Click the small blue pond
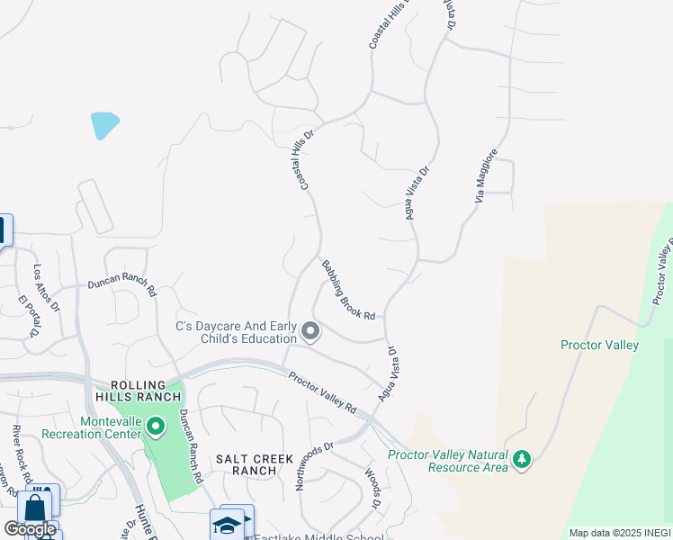click(x=104, y=125)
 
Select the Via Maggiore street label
click(x=485, y=177)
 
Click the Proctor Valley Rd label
click(x=322, y=393)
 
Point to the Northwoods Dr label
click(x=314, y=465)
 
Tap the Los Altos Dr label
click(x=47, y=288)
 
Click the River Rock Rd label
click(x=23, y=454)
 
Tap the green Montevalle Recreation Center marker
click(x=156, y=425)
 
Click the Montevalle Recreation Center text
click(x=112, y=428)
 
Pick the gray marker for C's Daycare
click(x=310, y=332)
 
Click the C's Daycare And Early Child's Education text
click(x=237, y=332)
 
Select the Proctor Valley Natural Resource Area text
click(x=447, y=461)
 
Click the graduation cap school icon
click(x=227, y=525)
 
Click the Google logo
click(x=30, y=529)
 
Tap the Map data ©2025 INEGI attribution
click(x=619, y=533)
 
